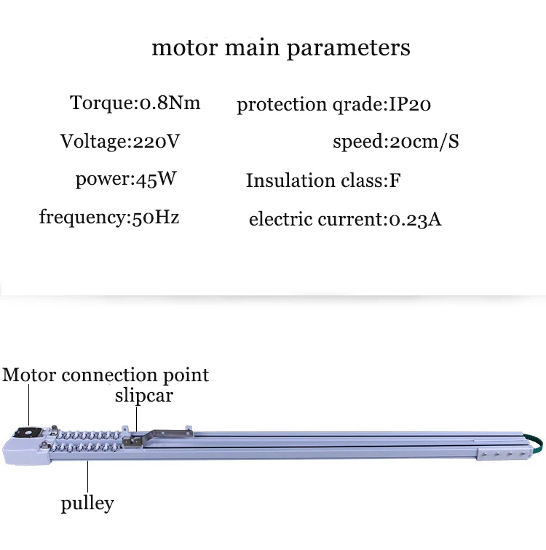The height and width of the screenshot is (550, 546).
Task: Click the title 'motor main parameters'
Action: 280,48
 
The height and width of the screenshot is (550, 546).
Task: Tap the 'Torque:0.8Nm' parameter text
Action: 135,103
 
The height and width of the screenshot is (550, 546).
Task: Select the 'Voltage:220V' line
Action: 119,140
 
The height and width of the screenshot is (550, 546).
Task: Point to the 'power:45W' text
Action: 127,179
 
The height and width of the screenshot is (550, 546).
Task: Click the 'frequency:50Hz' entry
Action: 109,217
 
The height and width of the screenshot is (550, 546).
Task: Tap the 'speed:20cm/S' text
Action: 395,141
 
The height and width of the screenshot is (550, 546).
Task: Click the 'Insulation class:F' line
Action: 323,180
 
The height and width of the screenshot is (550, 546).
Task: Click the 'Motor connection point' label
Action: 106,375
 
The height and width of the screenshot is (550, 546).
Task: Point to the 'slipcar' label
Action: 143,396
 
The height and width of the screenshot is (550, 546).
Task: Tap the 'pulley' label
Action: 87,503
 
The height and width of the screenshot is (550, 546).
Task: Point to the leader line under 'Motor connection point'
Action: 28,404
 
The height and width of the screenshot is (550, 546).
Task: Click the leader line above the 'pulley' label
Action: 87,477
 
